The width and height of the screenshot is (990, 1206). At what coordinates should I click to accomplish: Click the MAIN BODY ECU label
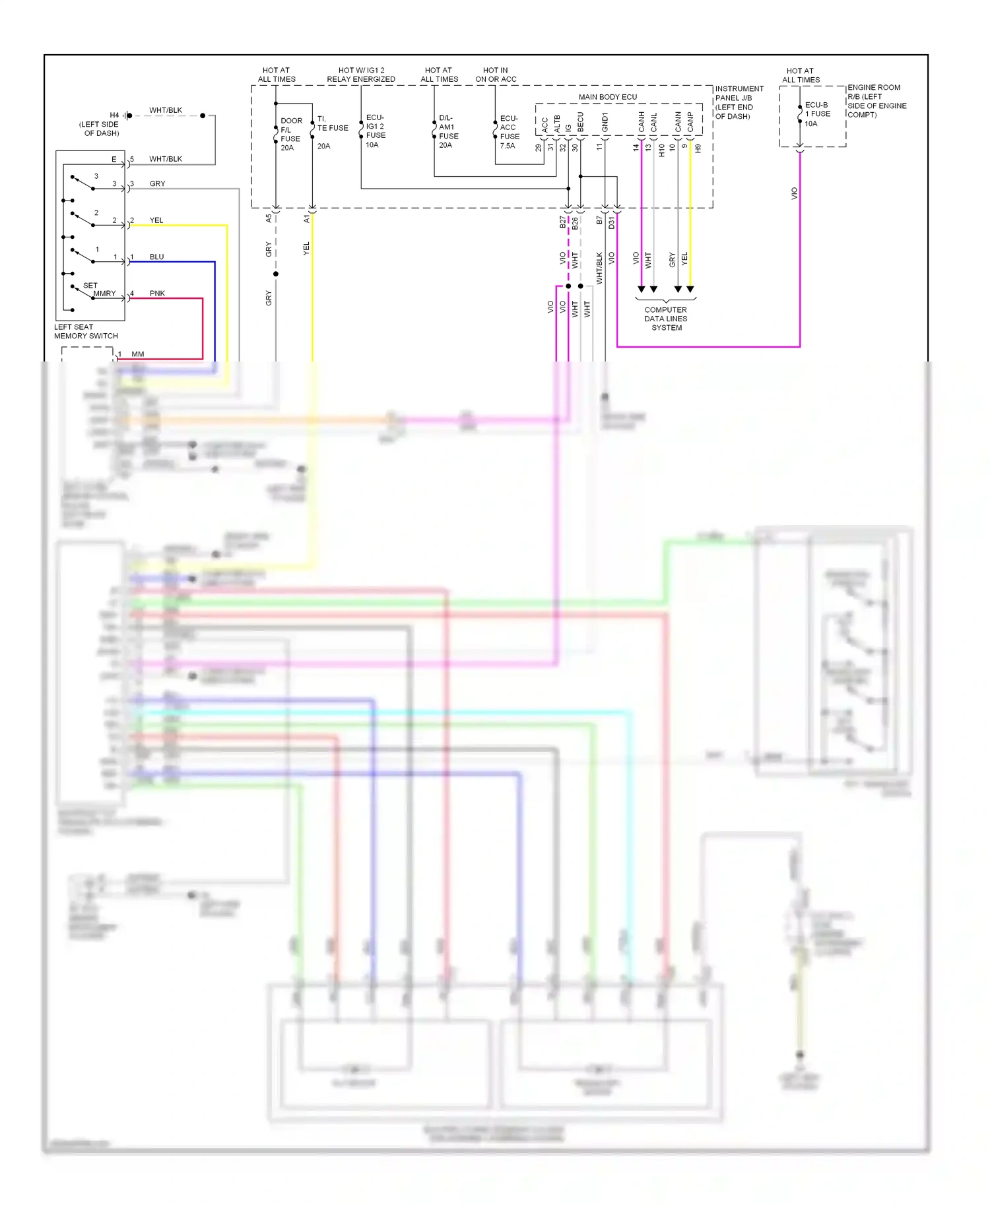click(607, 97)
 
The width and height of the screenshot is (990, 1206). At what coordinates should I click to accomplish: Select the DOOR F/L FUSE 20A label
click(290, 134)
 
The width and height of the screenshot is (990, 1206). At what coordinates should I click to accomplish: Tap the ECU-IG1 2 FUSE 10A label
click(376, 131)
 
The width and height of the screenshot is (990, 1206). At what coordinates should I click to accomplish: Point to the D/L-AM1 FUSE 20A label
click(448, 131)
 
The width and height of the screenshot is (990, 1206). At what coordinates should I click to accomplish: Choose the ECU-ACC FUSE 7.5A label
click(509, 132)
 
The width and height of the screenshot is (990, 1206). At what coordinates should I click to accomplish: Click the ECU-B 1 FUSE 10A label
click(817, 114)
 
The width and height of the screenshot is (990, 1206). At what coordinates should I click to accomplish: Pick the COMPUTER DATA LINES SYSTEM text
click(666, 319)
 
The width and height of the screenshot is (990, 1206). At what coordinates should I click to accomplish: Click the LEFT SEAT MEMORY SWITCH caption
click(86, 331)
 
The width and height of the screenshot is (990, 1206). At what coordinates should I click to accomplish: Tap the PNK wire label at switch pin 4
click(157, 294)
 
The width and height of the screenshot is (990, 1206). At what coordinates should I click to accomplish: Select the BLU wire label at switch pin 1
click(156, 257)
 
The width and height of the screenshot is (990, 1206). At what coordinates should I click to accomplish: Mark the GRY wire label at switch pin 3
click(157, 183)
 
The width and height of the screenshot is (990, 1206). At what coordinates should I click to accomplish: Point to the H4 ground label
click(114, 115)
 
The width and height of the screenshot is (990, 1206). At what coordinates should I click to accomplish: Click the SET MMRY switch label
click(99, 290)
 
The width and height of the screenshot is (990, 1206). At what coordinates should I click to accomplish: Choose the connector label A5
click(269, 218)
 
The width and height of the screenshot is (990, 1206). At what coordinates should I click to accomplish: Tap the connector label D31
click(611, 223)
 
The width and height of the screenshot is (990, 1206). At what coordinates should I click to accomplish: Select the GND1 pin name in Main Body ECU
click(605, 123)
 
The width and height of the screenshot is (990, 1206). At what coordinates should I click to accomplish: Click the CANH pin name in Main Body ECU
click(641, 121)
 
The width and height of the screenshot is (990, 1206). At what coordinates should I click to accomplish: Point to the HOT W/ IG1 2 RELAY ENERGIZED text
click(361, 75)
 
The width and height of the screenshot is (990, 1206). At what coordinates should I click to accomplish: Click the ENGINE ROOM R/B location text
click(876, 101)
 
